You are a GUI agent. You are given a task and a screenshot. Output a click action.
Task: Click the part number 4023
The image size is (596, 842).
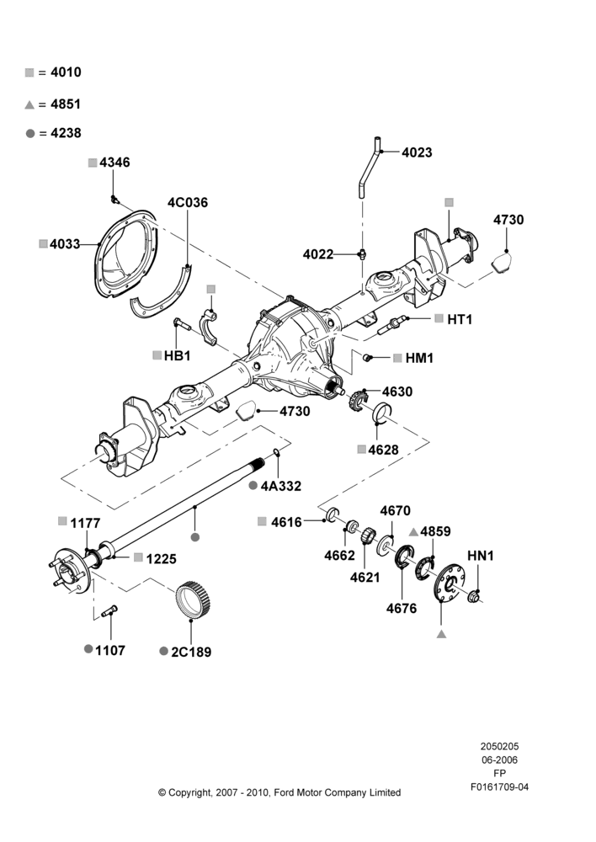pos(417,152)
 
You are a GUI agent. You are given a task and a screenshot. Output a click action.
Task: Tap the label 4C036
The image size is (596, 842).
pos(188,202)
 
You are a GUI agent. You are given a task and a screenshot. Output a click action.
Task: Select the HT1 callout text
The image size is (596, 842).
pos(460,319)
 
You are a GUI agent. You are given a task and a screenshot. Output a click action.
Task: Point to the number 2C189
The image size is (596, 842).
pos(191,652)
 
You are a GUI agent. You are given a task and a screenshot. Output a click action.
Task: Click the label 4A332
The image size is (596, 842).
pos(281,486)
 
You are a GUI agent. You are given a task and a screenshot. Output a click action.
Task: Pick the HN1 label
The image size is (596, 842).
pos(480,556)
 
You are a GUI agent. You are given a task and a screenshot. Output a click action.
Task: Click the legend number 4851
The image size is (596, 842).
pos(66,104)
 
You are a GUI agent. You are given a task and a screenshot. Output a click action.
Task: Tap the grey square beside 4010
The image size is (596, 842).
pos(29,72)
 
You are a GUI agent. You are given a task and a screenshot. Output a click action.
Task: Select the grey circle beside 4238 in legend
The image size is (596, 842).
pos(30,133)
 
